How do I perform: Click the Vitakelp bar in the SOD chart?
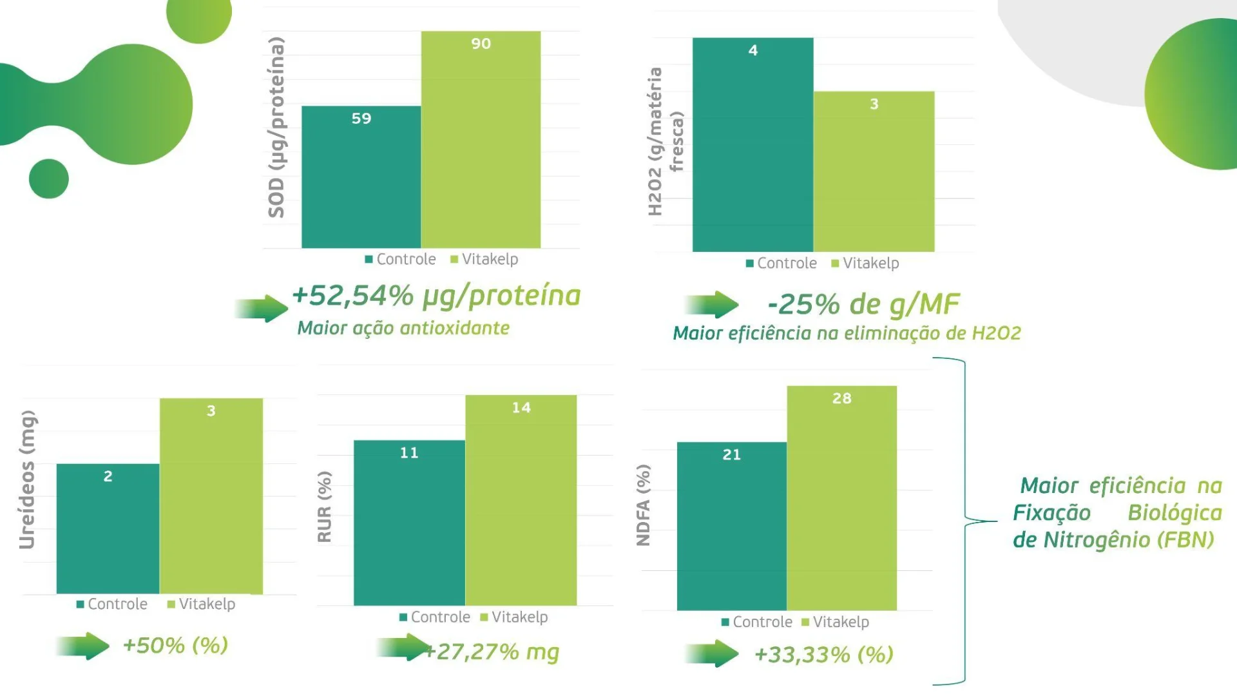tap(481, 142)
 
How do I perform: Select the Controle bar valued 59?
tap(361, 180)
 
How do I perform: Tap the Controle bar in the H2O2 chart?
tap(753, 148)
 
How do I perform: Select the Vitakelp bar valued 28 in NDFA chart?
tap(841, 503)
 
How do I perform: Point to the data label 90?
tap(481, 44)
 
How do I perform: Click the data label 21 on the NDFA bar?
tap(731, 455)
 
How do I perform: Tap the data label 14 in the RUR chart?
tap(521, 408)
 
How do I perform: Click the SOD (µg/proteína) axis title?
tap(276, 128)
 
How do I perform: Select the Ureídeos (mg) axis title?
tap(27, 480)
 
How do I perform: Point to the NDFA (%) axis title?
tap(643, 505)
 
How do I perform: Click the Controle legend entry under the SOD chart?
tap(400, 259)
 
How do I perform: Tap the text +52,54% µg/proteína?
tap(436, 296)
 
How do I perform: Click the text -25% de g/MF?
tap(863, 304)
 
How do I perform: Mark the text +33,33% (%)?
tap(823, 655)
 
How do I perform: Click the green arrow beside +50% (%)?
tap(83, 646)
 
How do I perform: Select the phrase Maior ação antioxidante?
tap(403, 328)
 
